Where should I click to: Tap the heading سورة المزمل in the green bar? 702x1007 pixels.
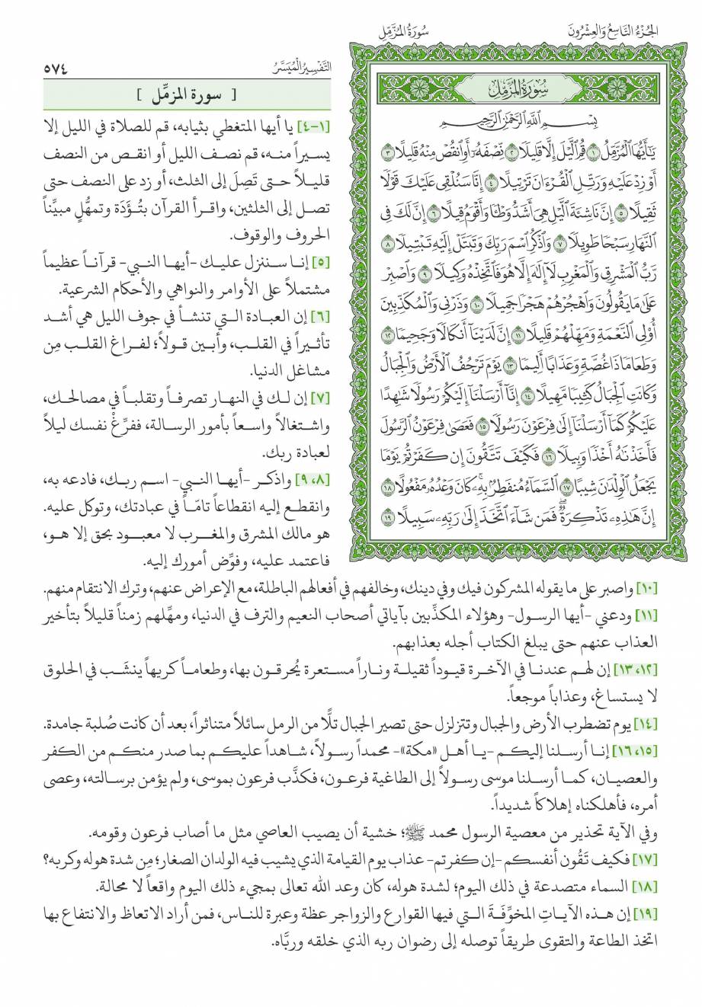pyautogui.click(x=181, y=95)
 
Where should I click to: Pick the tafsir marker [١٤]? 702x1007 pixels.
pyautogui.click(x=680, y=721)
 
